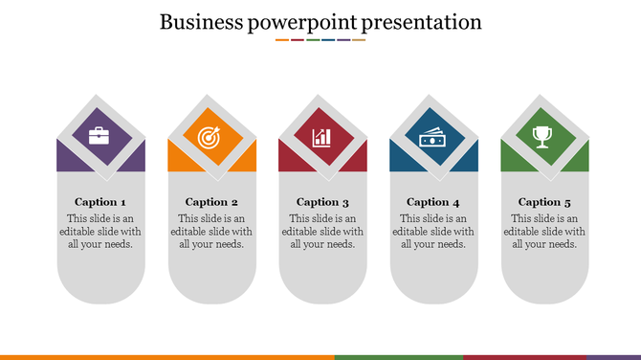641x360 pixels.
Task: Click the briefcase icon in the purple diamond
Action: [100, 137]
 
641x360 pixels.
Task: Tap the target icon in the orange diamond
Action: [211, 137]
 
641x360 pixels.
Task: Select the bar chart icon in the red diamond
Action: [322, 137]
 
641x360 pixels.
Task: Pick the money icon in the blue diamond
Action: [433, 137]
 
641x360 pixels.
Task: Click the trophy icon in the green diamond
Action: [544, 137]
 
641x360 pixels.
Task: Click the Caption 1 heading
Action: [100, 202]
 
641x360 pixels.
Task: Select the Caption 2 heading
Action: [211, 202]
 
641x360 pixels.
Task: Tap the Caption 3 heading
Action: [322, 202]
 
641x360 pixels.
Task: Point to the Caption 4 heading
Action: [433, 202]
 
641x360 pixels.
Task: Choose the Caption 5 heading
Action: [544, 202]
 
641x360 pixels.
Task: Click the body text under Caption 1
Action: [100, 232]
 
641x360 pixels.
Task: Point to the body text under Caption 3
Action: [322, 232]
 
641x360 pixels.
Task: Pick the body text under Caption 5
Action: [544, 232]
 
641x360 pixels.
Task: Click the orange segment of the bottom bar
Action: [167, 356]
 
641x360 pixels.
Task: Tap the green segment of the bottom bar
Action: [398, 356]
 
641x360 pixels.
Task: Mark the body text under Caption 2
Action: [211, 232]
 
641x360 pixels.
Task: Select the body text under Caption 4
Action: [433, 232]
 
